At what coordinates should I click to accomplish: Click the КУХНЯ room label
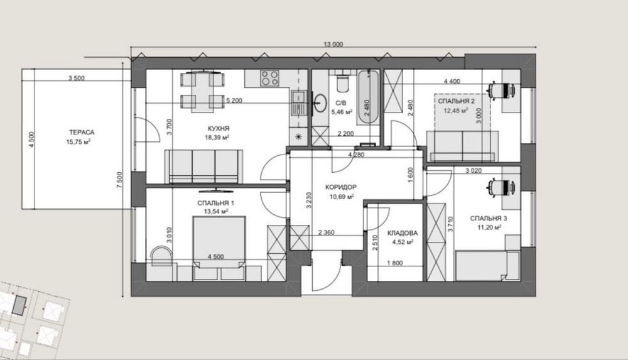click(x=219, y=129)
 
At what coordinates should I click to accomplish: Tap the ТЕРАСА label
click(x=82, y=133)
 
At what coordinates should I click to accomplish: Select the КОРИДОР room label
click(x=341, y=187)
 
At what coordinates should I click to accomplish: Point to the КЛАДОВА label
click(x=403, y=233)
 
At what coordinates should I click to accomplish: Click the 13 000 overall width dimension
click(x=333, y=45)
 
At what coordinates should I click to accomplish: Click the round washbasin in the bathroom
click(x=320, y=102)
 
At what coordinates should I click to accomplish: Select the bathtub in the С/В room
click(x=368, y=97)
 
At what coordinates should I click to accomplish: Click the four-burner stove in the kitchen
click(x=269, y=78)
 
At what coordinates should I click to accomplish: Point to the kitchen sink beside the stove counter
click(x=298, y=104)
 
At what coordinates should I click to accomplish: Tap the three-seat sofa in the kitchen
click(x=204, y=166)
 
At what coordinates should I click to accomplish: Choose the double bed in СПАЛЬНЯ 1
click(x=219, y=248)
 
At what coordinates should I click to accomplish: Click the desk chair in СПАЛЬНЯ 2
click(x=501, y=90)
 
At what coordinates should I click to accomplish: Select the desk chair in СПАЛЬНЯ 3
click(x=501, y=187)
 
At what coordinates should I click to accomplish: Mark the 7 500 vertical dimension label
click(x=120, y=180)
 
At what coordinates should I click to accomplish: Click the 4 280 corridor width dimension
click(x=356, y=155)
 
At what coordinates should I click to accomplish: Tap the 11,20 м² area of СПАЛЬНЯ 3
click(x=489, y=227)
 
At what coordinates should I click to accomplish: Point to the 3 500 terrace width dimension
click(x=76, y=78)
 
